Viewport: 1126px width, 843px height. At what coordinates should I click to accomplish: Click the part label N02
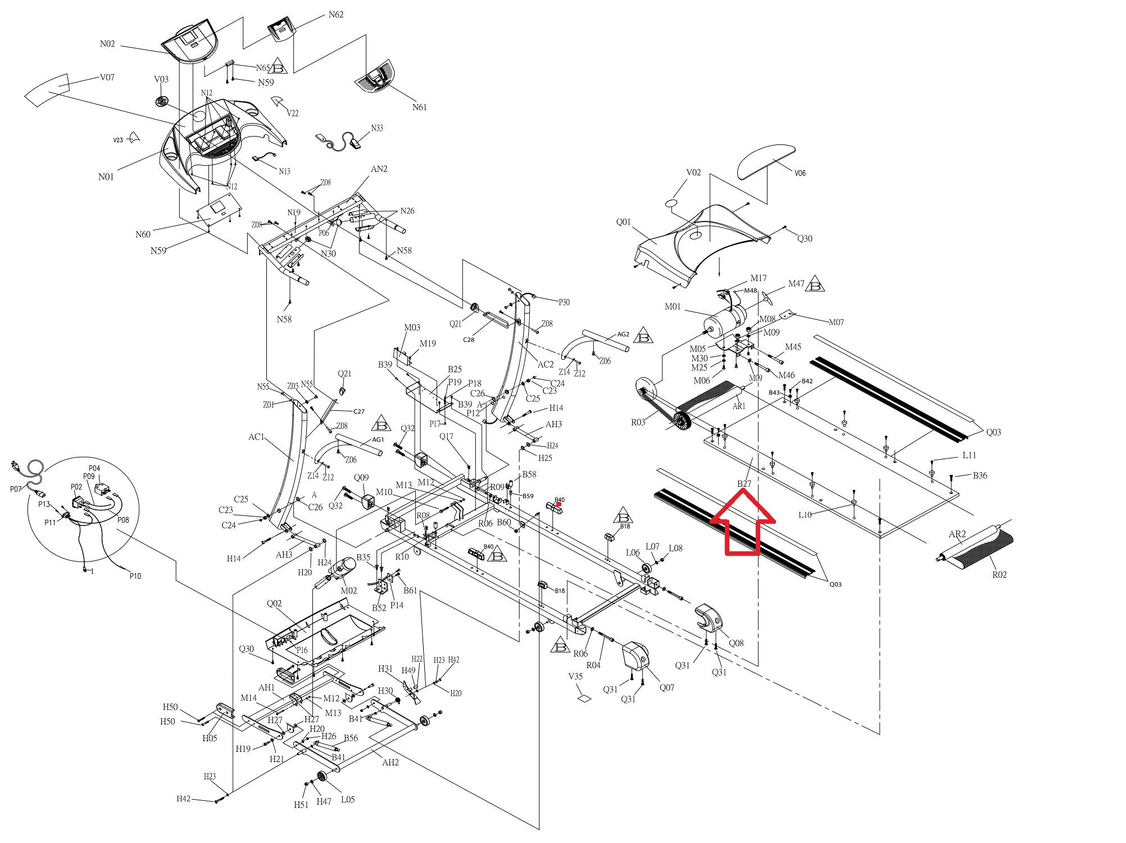(x=107, y=44)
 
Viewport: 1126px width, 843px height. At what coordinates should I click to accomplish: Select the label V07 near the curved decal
(x=107, y=78)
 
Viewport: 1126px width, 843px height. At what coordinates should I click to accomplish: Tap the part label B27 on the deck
(x=744, y=483)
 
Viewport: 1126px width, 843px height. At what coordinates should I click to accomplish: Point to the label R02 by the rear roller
(x=999, y=575)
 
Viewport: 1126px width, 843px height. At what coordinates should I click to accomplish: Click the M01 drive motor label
(x=673, y=307)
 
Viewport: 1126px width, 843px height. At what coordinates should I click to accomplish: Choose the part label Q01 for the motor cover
(x=624, y=222)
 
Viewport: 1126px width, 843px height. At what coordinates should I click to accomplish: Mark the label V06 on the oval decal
(x=800, y=173)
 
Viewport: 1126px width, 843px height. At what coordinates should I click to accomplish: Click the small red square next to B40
(x=559, y=504)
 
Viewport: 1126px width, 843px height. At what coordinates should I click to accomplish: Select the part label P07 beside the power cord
(x=15, y=489)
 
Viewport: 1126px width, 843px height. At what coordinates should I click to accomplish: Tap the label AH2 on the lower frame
(x=391, y=763)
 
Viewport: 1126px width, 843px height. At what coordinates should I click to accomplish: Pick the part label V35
(x=575, y=677)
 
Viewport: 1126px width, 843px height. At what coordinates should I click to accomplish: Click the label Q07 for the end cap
(x=667, y=687)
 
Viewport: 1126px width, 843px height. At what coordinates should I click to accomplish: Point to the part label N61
(x=420, y=107)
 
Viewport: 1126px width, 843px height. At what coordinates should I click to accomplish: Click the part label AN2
(x=379, y=169)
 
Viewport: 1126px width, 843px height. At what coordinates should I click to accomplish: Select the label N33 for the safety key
(x=377, y=128)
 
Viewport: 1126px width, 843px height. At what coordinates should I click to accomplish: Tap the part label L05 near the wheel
(x=348, y=799)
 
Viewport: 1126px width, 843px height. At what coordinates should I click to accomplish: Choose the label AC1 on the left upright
(x=256, y=437)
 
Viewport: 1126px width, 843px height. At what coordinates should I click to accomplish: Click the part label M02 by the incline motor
(x=348, y=591)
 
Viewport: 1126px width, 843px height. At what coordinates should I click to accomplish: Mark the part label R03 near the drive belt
(x=638, y=422)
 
